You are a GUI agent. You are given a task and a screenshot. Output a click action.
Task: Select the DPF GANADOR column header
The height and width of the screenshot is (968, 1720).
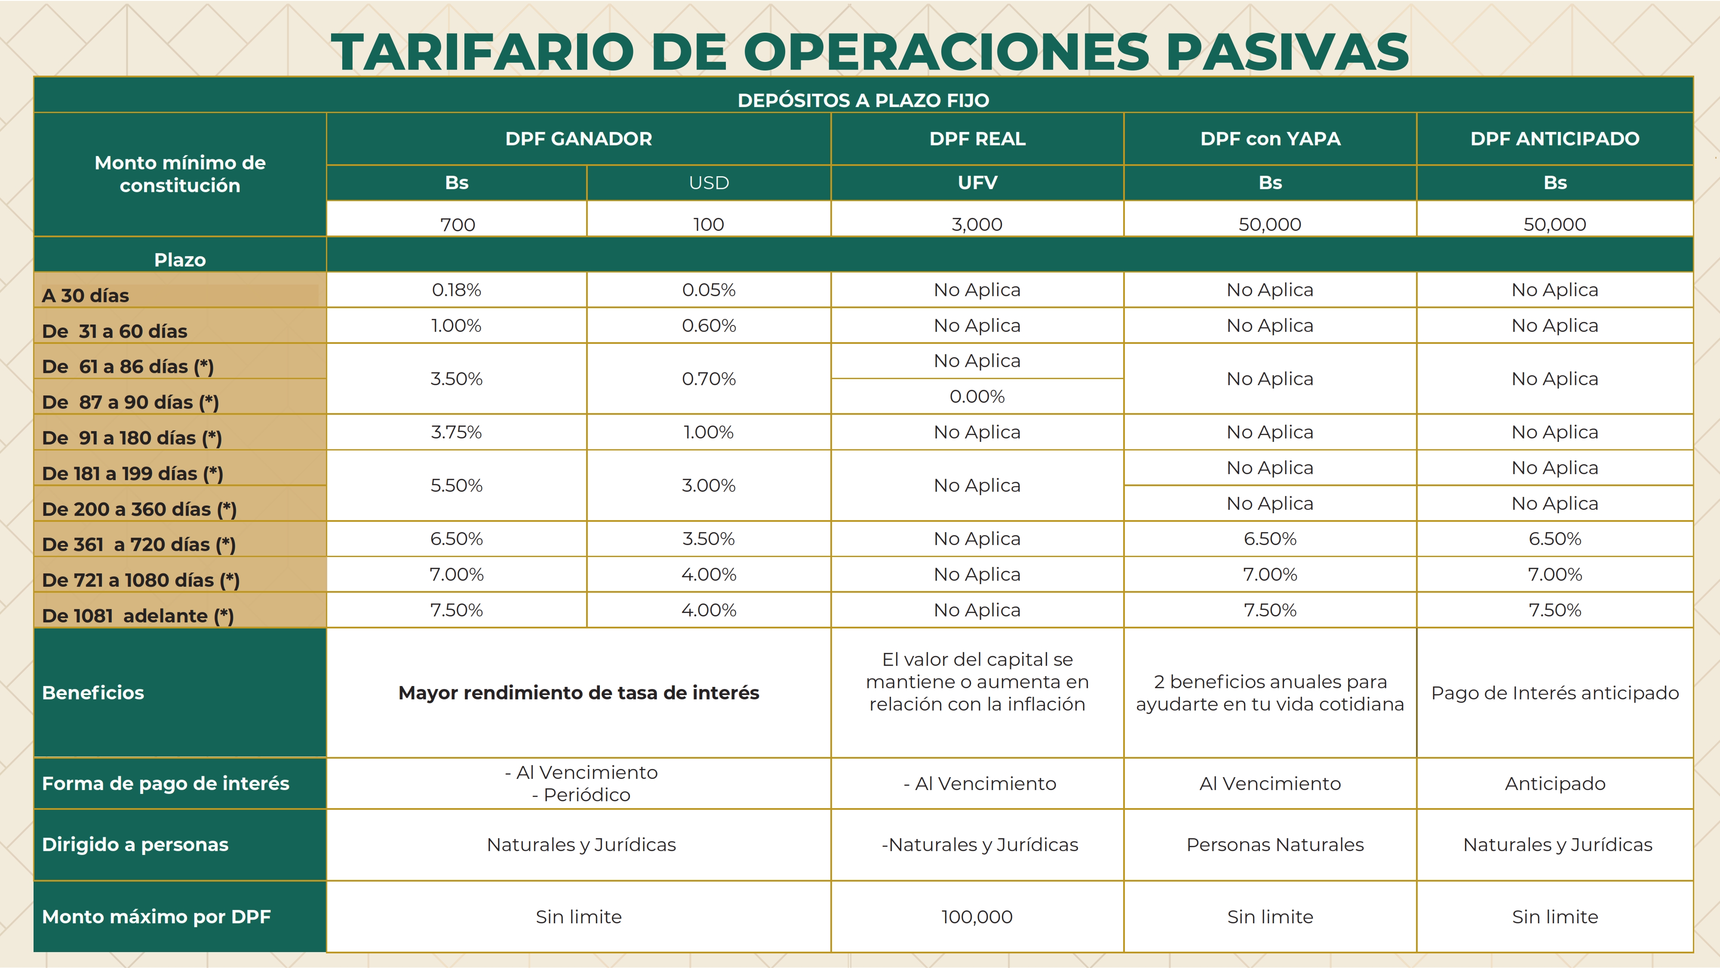coord(578,139)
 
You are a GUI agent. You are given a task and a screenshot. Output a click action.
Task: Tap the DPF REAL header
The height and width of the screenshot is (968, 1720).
coord(977,139)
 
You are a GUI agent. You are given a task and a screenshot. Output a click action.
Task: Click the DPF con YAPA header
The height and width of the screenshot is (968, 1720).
coord(1270,139)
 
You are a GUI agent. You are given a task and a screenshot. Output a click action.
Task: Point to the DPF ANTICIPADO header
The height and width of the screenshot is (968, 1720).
coord(1554,139)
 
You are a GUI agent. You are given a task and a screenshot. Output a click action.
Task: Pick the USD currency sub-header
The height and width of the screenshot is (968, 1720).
coord(709,183)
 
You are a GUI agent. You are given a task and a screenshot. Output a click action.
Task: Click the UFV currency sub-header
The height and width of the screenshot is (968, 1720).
coord(977,183)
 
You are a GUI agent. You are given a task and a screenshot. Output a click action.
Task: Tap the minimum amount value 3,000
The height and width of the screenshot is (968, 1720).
coord(977,224)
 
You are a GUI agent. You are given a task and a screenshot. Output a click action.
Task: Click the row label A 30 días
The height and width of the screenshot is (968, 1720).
coord(86,295)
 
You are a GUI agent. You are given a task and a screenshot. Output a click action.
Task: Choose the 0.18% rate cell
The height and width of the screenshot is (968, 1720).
coord(457,290)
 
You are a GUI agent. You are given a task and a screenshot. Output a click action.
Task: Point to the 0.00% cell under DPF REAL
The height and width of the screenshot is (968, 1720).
coord(977,397)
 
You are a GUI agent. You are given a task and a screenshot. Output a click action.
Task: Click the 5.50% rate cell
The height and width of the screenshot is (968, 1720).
coord(457,485)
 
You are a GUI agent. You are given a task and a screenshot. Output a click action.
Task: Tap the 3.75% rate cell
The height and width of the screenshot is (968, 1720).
coord(457,432)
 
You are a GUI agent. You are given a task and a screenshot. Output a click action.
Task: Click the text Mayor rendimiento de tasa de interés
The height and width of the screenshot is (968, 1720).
coord(578,693)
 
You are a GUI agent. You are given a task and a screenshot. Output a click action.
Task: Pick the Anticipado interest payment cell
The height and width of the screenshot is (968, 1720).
coord(1554,784)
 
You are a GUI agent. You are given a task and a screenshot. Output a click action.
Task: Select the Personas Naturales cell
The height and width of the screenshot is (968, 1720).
coord(1275,845)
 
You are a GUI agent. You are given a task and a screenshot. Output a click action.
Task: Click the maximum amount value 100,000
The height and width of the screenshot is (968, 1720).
coord(977,916)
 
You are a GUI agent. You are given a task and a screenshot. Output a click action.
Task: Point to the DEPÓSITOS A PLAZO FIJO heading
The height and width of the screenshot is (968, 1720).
coord(863,100)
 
